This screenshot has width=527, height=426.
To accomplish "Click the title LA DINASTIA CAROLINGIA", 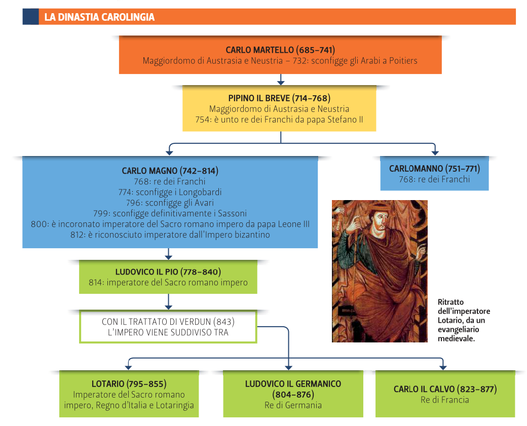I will (99, 17).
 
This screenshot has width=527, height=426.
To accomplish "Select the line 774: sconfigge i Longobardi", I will (170, 192).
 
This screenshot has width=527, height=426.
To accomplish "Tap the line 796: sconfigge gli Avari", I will (170, 203).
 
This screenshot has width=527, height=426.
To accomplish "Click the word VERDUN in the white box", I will (192, 322).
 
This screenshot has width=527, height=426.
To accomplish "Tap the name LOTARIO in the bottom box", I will (108, 384).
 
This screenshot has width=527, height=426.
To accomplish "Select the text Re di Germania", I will (293, 405).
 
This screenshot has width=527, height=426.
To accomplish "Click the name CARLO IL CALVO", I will (425, 389).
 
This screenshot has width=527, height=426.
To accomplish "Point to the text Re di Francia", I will (445, 400).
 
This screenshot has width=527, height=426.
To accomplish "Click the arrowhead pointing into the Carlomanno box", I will (435, 152).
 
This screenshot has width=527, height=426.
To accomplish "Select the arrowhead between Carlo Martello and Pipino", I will (281, 81).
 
